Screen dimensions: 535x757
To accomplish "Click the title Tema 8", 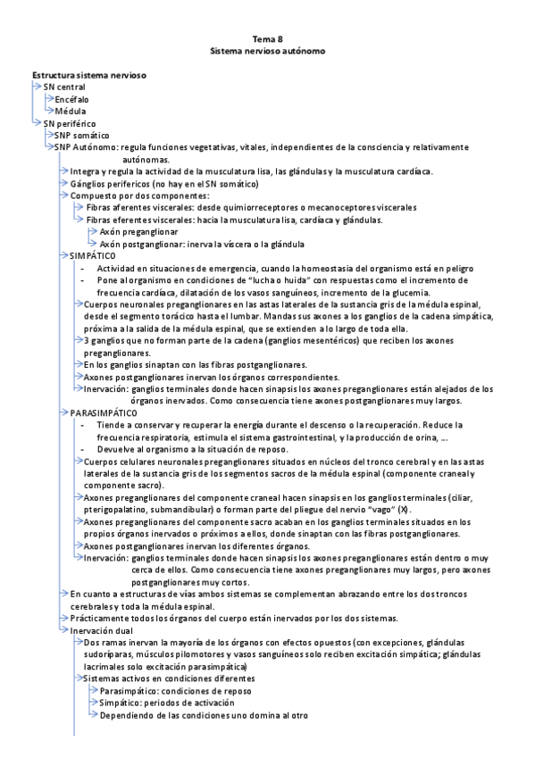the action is [267, 40].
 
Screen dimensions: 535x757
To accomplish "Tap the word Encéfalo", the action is [72, 99].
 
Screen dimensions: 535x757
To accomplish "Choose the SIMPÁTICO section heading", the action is [92, 255].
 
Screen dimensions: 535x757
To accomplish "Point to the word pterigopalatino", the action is [121, 509].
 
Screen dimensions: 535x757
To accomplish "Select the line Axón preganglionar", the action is [138, 231].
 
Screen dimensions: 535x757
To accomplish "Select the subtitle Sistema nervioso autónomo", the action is [267, 53].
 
